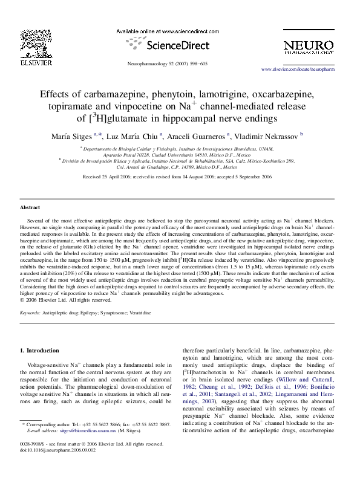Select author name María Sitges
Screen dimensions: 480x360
80,135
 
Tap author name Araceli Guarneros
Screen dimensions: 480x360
197,135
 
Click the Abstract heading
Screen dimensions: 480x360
30,207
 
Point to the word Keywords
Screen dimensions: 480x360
30,314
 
